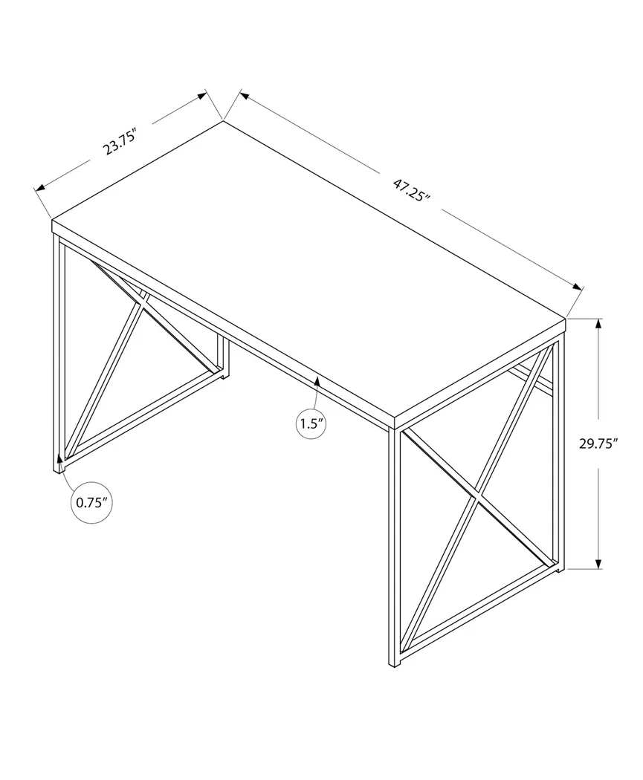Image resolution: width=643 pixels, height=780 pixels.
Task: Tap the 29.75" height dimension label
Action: click(x=598, y=444)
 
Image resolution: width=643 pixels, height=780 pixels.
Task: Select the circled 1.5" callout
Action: click(x=312, y=424)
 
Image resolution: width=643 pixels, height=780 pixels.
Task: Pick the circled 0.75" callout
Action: click(x=92, y=503)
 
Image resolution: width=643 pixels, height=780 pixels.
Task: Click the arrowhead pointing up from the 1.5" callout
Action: click(x=317, y=382)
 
